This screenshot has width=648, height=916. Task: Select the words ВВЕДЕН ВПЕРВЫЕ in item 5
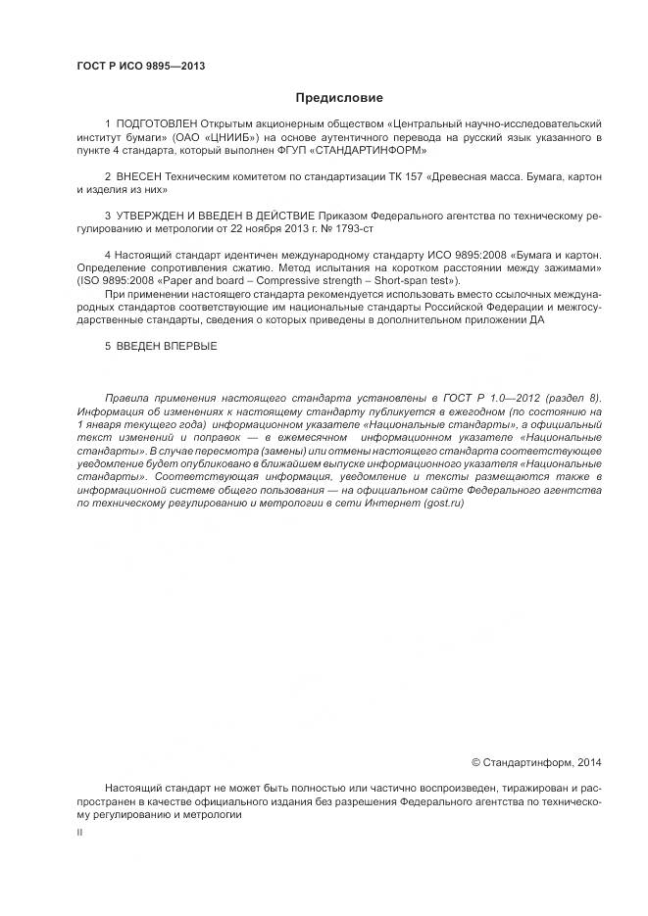(168, 346)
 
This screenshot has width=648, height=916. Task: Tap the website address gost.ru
(442, 503)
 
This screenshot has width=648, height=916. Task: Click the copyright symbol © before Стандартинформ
(476, 761)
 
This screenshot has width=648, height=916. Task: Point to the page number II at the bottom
(79, 831)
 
